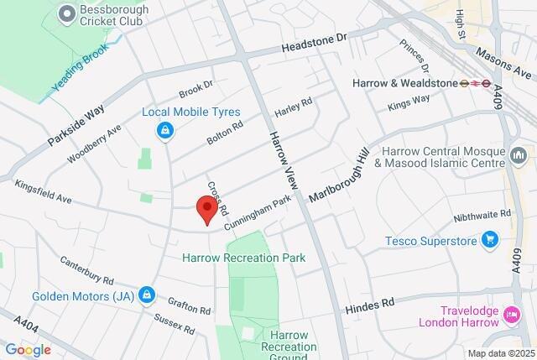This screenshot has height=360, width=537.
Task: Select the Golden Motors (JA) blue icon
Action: click(147, 295)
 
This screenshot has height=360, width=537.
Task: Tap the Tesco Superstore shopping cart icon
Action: click(490, 242)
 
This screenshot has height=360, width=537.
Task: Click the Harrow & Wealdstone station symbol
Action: click(481, 83)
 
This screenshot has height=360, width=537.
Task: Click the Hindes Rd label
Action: click(369, 303)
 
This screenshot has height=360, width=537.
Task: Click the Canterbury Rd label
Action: click(86, 269)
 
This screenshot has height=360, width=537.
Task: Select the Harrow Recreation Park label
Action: click(243, 258)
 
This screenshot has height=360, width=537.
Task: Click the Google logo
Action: click(28, 350)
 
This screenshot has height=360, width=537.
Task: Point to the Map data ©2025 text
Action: click(500, 353)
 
